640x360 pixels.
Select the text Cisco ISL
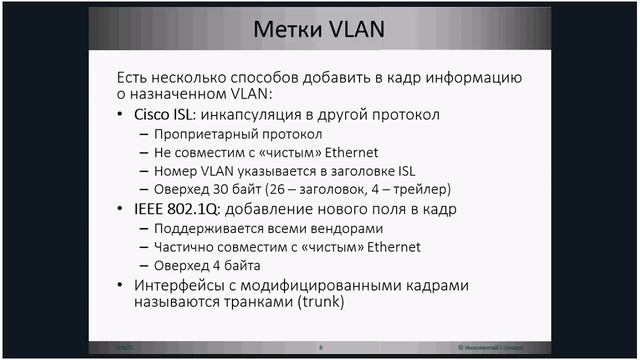(x=166, y=115)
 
